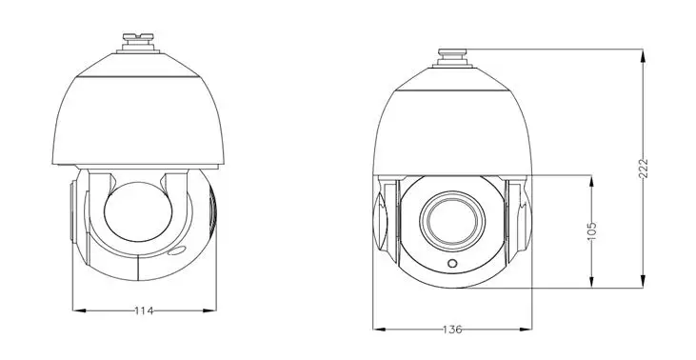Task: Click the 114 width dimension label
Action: coord(144,310)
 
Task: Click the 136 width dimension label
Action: coord(452,330)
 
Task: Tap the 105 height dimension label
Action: coord(591,231)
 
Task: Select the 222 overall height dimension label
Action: coord(644,169)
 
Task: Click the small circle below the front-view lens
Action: coord(452,263)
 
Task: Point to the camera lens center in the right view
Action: coord(452,221)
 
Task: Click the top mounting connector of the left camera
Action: coord(138,43)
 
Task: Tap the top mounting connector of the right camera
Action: coord(452,58)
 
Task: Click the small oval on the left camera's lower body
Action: coord(176,250)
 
